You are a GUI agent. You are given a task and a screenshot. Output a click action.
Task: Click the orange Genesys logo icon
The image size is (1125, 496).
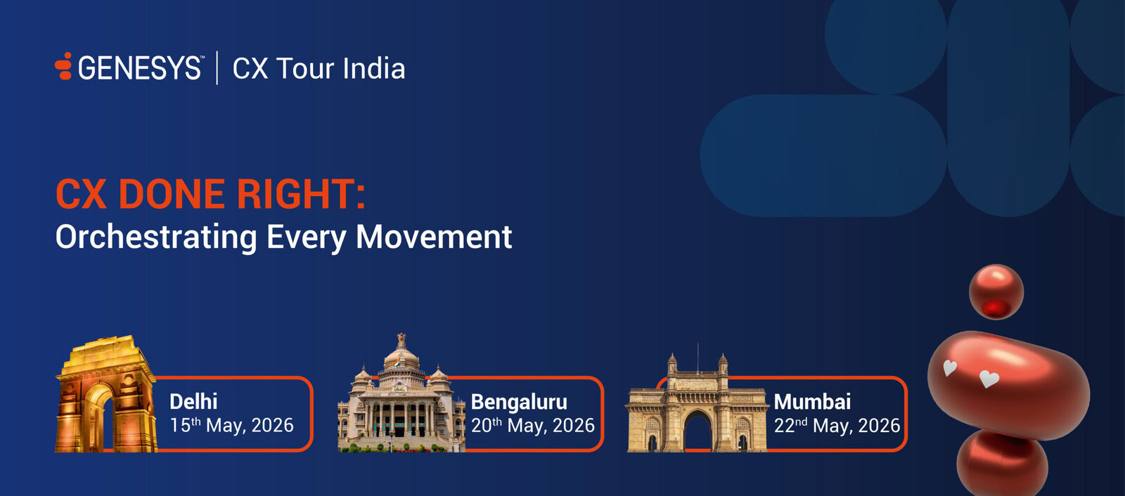click(x=63, y=66)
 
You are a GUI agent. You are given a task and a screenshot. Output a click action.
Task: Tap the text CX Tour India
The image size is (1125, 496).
click(x=319, y=68)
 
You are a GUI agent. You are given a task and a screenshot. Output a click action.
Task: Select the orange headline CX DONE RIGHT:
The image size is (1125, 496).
click(x=210, y=194)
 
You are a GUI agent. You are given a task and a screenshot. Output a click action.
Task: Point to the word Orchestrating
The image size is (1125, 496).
click(x=156, y=237)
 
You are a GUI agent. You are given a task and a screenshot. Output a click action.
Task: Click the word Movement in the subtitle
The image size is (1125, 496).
click(x=434, y=237)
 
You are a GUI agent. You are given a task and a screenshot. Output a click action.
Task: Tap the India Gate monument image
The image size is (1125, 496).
click(x=106, y=394)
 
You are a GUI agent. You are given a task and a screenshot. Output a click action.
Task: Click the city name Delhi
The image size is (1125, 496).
click(x=193, y=402)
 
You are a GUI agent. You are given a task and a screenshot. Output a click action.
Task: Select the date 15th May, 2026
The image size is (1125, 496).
click(x=231, y=425)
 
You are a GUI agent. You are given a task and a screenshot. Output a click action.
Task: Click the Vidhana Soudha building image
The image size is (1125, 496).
click(x=401, y=393)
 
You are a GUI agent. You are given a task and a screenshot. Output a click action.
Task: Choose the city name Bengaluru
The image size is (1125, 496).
click(x=519, y=402)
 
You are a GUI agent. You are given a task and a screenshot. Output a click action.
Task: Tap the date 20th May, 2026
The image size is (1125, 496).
click(x=533, y=425)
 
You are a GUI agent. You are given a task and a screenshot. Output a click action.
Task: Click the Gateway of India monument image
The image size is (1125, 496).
click(x=697, y=402)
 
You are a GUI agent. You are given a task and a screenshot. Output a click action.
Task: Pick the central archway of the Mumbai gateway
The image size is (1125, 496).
click(x=697, y=431)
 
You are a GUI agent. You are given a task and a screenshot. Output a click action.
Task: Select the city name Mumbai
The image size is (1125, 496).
click(x=812, y=402)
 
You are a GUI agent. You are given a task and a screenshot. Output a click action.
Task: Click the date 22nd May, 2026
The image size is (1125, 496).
click(x=837, y=425)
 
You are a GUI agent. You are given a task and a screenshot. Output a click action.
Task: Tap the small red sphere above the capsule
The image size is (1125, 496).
click(x=996, y=292)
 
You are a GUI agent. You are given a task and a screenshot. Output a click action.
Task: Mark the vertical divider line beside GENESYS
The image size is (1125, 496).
click(x=217, y=67)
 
